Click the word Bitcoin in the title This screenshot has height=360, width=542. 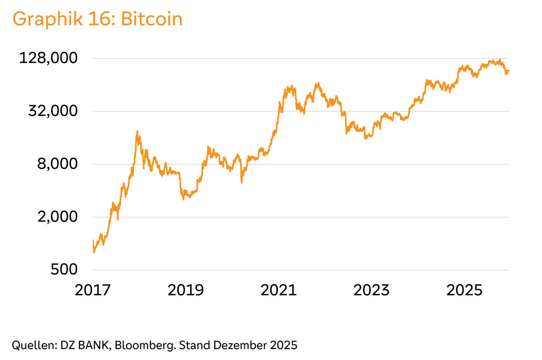coord(152,19)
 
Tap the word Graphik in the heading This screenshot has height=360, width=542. coord(44,20)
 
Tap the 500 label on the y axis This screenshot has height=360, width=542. coord(64,270)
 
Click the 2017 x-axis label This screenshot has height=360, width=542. coord(93,290)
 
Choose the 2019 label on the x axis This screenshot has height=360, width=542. coord(185,290)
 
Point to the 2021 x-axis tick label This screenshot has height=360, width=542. coord(278,290)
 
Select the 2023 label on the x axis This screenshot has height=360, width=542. coord(371,290)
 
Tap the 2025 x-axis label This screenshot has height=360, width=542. coord(465,290)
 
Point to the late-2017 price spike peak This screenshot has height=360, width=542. coord(137,132)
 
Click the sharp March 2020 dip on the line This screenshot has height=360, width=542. coord(241,182)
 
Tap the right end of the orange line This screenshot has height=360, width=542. coord(509,71)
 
